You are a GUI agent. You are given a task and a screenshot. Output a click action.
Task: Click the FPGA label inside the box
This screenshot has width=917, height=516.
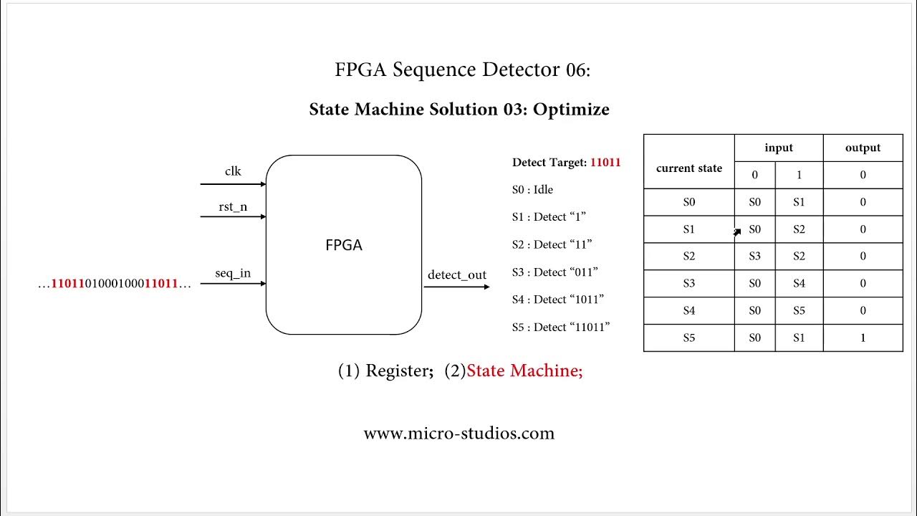pyautogui.click(x=344, y=245)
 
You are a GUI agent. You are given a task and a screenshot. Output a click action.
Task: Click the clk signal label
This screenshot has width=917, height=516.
pyautogui.click(x=233, y=171)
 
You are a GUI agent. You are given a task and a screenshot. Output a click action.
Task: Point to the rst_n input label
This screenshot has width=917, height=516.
pyautogui.click(x=233, y=207)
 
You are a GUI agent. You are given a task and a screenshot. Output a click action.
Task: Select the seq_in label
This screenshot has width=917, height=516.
pyautogui.click(x=233, y=274)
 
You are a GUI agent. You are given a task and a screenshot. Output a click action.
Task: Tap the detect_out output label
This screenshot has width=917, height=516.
pyautogui.click(x=456, y=275)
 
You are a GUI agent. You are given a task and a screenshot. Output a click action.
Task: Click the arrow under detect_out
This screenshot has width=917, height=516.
pyautogui.click(x=456, y=287)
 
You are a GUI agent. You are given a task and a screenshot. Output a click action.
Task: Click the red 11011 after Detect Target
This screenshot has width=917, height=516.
pyautogui.click(x=605, y=162)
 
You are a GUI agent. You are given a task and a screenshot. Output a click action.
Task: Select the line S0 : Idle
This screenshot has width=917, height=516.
pyautogui.click(x=532, y=190)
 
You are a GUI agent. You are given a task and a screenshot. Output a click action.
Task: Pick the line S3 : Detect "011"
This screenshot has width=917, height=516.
pyautogui.click(x=554, y=272)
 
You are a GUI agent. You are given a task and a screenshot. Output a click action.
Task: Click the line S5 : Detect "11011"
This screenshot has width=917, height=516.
pyautogui.click(x=560, y=327)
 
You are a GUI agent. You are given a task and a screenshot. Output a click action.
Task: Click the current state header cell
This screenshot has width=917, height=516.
pyautogui.click(x=688, y=168)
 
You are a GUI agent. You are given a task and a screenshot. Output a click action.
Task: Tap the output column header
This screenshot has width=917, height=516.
pyautogui.click(x=863, y=148)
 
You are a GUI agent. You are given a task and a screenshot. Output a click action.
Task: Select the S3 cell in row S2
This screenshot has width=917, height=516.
pyautogui.click(x=754, y=256)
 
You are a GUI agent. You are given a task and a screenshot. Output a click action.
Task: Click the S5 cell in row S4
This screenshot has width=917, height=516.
pyautogui.click(x=799, y=310)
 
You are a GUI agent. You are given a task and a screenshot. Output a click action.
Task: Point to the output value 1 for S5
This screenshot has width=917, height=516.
pyautogui.click(x=863, y=338)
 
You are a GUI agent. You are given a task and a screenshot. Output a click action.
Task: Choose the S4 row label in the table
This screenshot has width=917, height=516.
pyautogui.click(x=688, y=310)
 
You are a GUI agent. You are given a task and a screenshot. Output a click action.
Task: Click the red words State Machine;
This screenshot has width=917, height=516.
pyautogui.click(x=524, y=371)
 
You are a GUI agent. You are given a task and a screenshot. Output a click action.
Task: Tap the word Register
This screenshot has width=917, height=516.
pyautogui.click(x=395, y=371)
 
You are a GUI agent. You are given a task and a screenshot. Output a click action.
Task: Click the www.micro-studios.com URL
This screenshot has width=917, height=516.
pyautogui.click(x=458, y=433)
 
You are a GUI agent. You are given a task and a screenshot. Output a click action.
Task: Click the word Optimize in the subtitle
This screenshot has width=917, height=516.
pyautogui.click(x=571, y=110)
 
